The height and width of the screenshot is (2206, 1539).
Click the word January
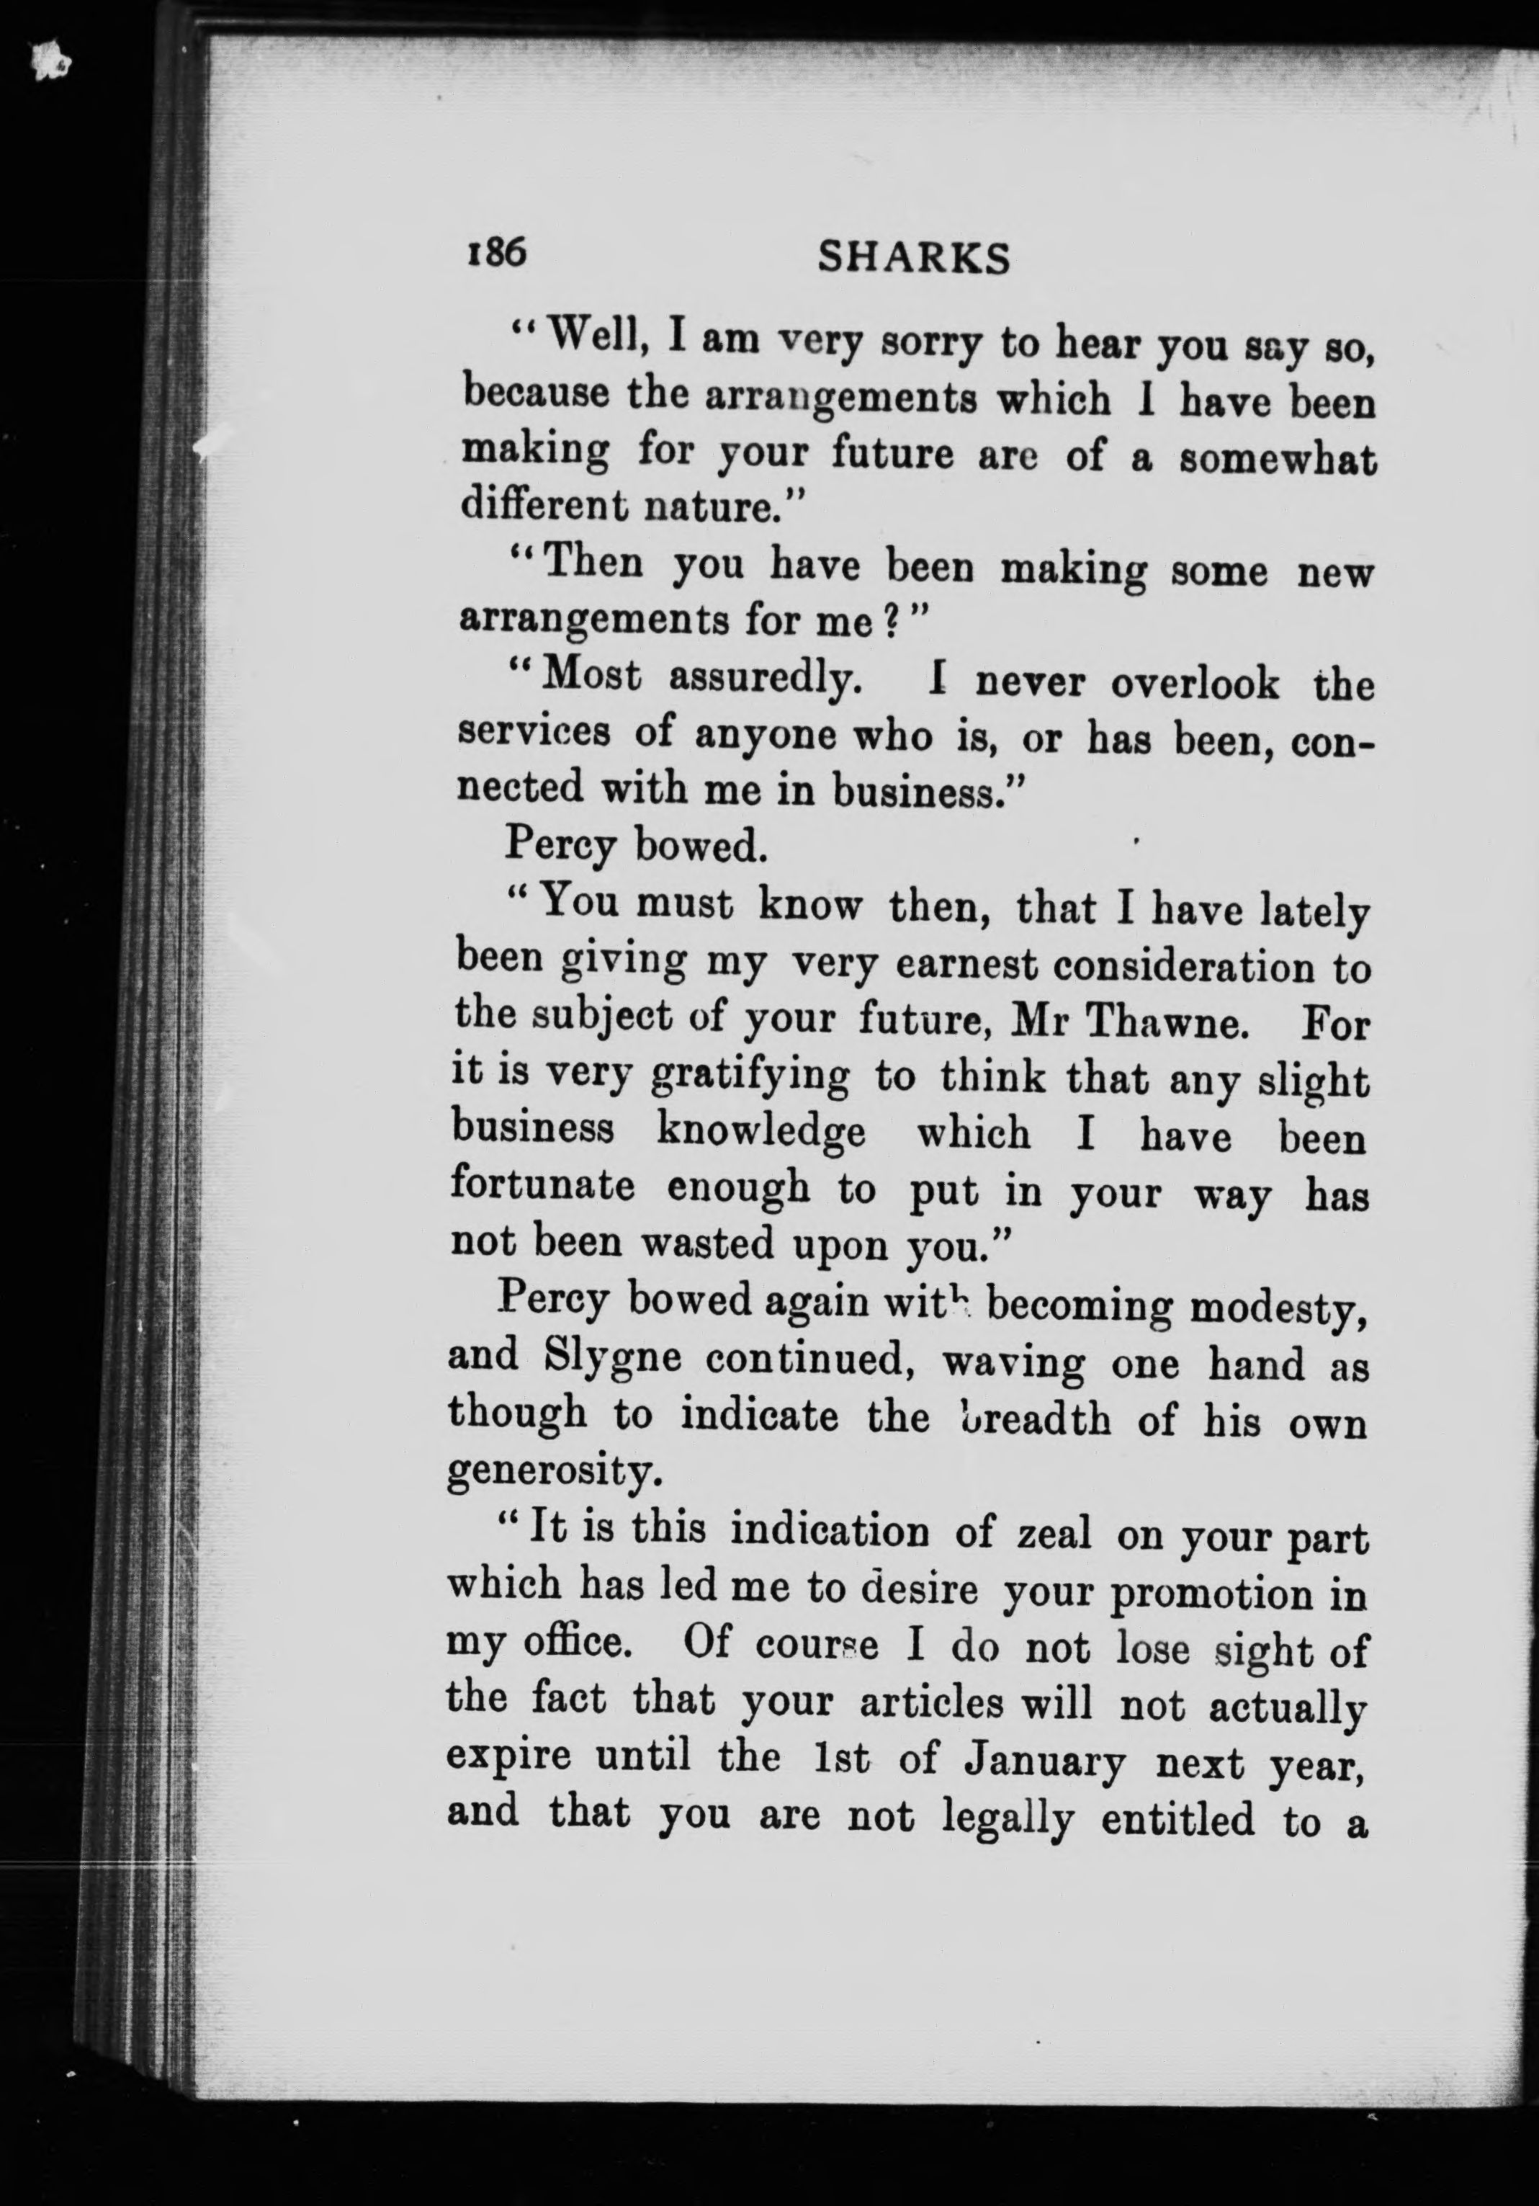coord(1045,1761)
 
